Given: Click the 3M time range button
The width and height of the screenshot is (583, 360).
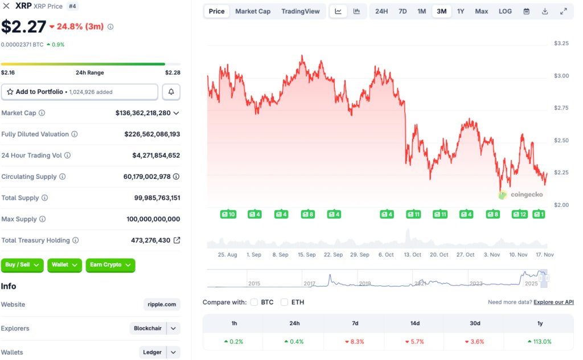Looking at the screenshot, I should tap(441, 11).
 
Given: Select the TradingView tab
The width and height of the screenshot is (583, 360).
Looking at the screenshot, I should tap(301, 11).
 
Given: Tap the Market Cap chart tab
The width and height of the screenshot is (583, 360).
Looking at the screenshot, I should tap(253, 11).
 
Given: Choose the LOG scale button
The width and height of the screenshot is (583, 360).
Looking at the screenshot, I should tap(505, 11).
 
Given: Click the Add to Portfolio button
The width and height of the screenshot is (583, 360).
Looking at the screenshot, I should tap(80, 92).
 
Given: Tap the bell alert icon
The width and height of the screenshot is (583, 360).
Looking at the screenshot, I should tap(171, 92).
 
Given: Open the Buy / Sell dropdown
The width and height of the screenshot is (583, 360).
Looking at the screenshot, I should tap(22, 265).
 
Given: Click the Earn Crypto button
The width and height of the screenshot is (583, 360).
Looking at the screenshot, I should tap(110, 265).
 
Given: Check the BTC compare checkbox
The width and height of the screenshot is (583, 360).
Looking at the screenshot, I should tap(254, 302).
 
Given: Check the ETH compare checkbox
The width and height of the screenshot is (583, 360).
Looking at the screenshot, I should tap(285, 302).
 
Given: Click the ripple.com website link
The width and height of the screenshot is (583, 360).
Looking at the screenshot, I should tap(162, 305).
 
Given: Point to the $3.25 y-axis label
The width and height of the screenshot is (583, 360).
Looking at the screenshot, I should tap(561, 43).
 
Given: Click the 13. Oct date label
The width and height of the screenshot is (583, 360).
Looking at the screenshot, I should tap(413, 255).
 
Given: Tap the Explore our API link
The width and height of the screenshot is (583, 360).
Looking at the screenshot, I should tap(553, 302).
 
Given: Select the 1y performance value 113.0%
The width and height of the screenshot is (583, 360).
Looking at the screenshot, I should tap(540, 342).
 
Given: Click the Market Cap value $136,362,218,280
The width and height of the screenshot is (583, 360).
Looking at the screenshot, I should tap(143, 113).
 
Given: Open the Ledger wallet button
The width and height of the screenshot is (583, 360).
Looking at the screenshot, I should tap(152, 353).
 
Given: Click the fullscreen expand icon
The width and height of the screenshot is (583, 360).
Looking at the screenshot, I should tap(564, 11).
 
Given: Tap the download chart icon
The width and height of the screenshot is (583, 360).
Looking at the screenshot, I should tap(545, 11).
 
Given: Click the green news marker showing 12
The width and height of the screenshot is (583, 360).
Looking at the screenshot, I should tap(519, 214).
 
